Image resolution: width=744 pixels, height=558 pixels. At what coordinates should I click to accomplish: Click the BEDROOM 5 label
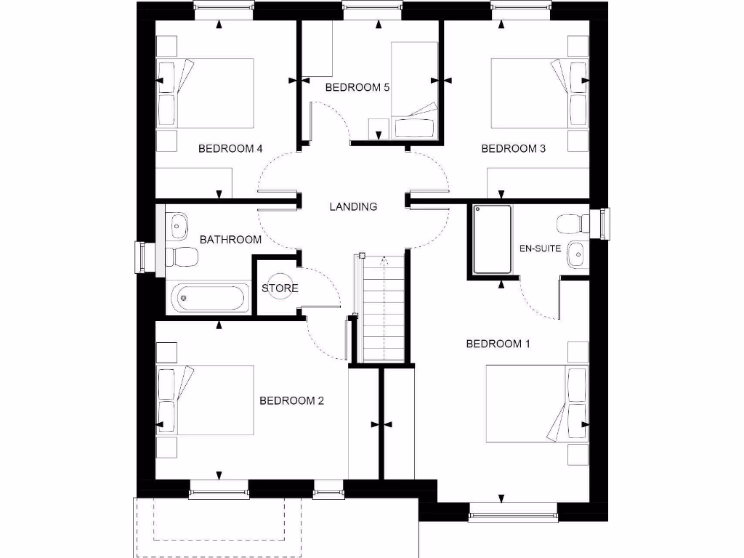[x=357, y=87]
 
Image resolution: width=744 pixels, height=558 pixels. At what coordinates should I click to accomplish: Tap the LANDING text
[x=353, y=206]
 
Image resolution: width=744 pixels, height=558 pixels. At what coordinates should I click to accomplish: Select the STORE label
[x=280, y=288]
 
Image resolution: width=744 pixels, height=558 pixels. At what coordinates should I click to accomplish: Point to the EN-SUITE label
[x=540, y=248]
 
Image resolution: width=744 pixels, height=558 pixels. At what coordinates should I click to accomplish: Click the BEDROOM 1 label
[x=498, y=344]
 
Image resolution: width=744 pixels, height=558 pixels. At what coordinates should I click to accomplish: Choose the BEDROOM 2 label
[x=291, y=400]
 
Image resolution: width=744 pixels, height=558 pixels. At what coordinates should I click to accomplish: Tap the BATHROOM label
[x=230, y=239]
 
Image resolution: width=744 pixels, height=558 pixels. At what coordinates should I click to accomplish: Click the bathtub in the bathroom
[x=209, y=298]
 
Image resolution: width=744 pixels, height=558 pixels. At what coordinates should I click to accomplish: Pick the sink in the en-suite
[x=576, y=252]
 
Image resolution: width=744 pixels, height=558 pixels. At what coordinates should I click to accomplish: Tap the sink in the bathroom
[x=176, y=225]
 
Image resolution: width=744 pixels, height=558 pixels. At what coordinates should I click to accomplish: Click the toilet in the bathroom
[x=182, y=256]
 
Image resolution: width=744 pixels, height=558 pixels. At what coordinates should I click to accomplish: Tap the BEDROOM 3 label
[x=514, y=149]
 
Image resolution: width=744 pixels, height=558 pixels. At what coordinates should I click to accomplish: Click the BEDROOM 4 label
[x=230, y=149]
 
